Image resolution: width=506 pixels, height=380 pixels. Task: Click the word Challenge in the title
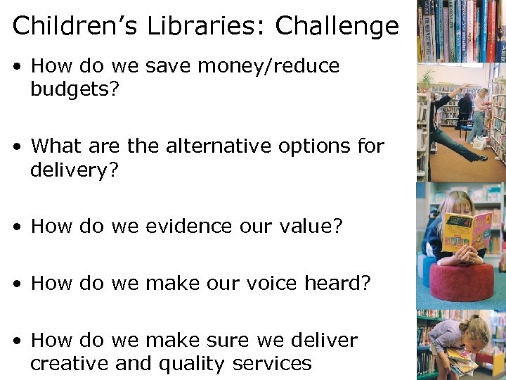coord(337,27)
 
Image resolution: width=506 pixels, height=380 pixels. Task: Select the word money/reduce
coord(270,67)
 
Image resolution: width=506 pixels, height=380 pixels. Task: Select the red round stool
coord(461,281)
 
